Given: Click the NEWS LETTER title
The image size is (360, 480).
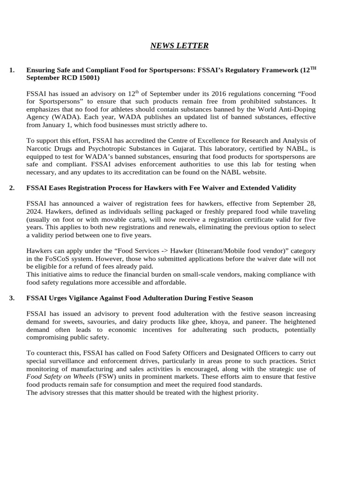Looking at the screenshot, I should coord(180,45).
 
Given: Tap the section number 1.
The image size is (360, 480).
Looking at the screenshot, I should coord(11,70).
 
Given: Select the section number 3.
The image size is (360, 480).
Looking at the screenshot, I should coord(11,298).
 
